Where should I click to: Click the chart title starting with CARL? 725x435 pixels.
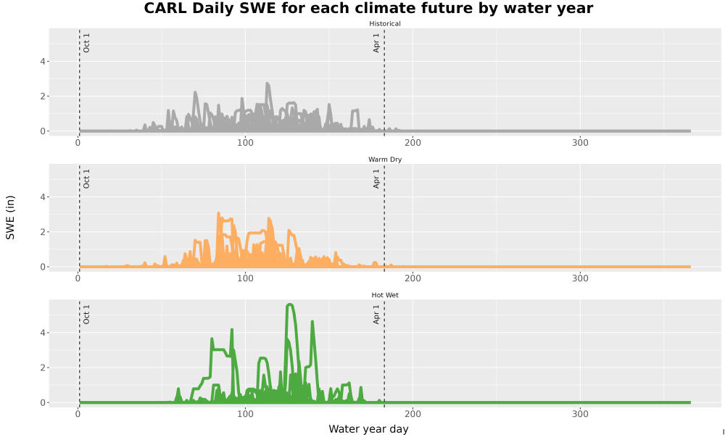coord(368,8)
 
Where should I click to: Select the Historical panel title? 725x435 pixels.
coord(385,24)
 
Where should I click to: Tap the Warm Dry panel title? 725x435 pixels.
coord(385,159)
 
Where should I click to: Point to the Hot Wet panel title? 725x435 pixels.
coord(385,295)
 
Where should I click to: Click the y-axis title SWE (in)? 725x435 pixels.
coord(10,217)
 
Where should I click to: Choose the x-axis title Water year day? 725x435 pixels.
coord(368,429)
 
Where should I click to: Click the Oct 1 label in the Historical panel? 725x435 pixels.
coord(86,43)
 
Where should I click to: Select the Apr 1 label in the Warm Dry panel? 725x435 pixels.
coord(376,178)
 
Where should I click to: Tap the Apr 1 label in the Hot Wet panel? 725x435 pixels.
coord(376,315)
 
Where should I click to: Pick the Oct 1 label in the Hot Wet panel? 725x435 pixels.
coord(86,315)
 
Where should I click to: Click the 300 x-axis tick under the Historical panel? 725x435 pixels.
coord(580,143)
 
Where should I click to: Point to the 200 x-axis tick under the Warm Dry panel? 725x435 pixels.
coord(413,278)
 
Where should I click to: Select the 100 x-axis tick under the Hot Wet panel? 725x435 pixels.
coord(245,414)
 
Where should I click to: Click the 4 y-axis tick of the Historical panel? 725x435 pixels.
coord(43,62)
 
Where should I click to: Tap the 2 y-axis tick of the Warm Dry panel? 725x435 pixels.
coord(43,232)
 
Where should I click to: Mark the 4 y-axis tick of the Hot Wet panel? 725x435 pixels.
coord(43,333)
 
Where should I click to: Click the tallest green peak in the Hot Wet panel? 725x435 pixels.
coord(290,304)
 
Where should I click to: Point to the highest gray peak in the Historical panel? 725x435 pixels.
coord(268,83)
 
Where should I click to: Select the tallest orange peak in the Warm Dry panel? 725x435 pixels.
coord(218,213)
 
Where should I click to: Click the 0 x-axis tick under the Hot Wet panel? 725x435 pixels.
coord(78,414)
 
